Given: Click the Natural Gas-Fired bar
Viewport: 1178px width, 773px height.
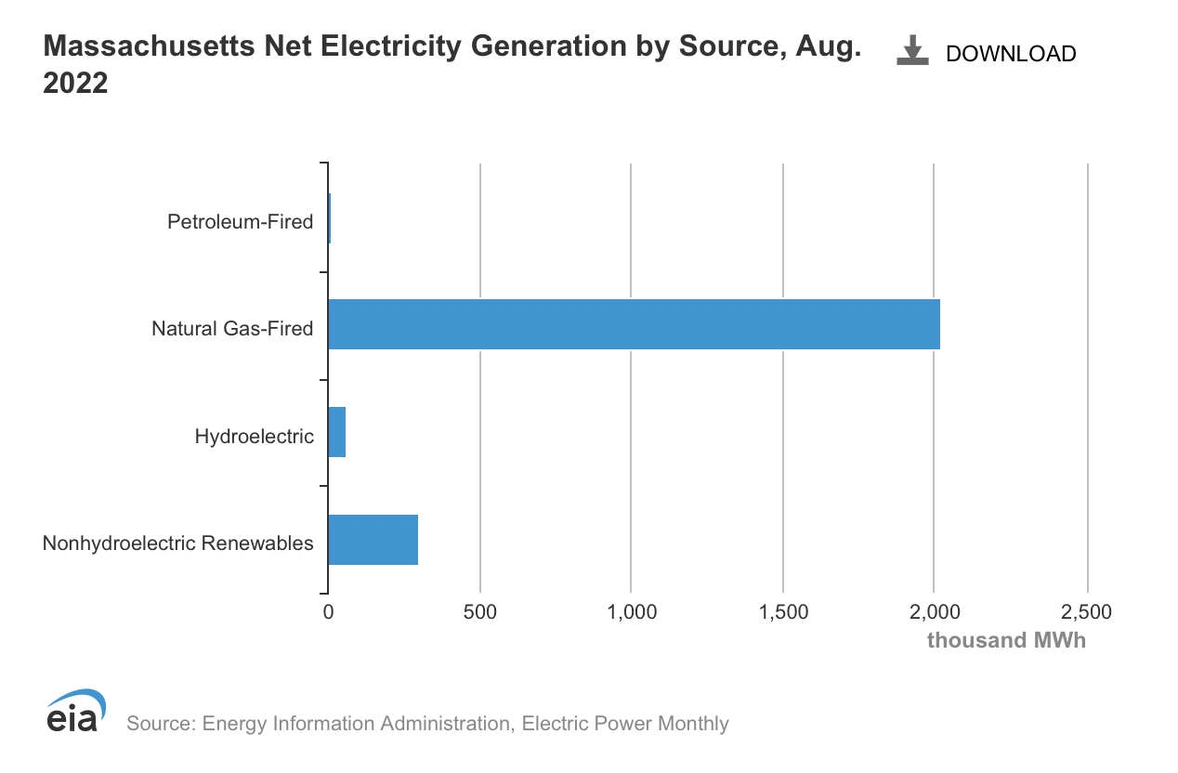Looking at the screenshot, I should pos(634,324).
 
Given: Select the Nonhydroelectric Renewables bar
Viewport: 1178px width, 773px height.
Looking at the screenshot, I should pos(373,539).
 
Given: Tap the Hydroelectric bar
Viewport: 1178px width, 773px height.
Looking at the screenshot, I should pos(336,432).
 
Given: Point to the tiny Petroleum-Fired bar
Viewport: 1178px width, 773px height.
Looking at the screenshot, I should pos(330,218).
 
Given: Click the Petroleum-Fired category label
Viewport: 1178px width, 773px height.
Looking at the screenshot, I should pos(240,222).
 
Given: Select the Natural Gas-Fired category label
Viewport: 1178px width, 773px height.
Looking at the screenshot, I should pos(232,329).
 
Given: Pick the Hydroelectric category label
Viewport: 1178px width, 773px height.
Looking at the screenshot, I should pos(254,436).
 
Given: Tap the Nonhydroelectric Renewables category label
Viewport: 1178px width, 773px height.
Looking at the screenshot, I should pos(177,544).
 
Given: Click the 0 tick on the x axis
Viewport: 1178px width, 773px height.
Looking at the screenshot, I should pos(328,612).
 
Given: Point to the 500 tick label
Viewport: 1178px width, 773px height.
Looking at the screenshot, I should pos(479,612).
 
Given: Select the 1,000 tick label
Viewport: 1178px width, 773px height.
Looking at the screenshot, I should pos(631,612).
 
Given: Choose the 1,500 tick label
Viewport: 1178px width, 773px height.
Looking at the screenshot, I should pos(782,612).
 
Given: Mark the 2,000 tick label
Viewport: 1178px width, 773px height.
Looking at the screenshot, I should pos(935,612).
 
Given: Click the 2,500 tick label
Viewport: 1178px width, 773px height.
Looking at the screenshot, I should pos(1086,612).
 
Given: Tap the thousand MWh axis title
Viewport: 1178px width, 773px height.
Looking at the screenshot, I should pos(1005,641).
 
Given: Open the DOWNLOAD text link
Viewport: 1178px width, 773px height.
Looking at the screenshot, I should pos(1010,54).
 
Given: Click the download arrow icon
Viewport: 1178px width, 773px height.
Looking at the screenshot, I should pos(912,51).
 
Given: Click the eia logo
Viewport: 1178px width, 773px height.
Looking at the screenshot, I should pos(74,711).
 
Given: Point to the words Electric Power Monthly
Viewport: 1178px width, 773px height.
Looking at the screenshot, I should pos(625,724).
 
